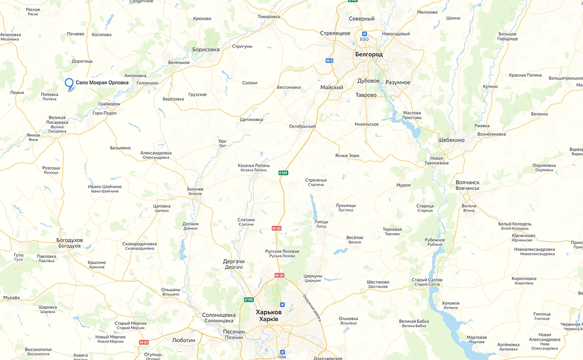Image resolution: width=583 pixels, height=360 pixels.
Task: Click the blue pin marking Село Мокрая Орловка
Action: click(x=69, y=83)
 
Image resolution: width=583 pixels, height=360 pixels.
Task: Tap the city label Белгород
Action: click(x=369, y=54)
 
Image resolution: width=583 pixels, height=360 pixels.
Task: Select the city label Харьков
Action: click(x=268, y=313)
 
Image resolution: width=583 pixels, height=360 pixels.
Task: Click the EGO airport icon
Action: click(x=364, y=34)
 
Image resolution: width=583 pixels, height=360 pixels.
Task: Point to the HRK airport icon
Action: click(x=283, y=352)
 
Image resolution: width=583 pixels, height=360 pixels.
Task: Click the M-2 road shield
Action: click(x=330, y=60)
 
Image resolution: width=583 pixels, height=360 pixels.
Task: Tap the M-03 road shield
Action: click(x=144, y=342)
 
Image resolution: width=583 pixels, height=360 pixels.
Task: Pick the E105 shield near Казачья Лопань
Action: click(x=283, y=173)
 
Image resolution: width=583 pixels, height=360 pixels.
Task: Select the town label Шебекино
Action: click(x=451, y=140)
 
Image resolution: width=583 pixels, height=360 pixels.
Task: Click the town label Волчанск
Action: click(x=467, y=183)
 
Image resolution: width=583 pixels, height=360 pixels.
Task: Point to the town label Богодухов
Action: click(x=70, y=240)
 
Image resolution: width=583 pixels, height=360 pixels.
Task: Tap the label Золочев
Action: click(x=195, y=189)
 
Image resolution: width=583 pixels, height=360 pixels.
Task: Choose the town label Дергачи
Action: click(x=234, y=261)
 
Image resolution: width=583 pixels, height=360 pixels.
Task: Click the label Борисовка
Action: click(x=206, y=49)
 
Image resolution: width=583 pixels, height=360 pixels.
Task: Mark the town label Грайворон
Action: click(x=109, y=104)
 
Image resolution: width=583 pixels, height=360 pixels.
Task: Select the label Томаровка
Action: click(x=268, y=16)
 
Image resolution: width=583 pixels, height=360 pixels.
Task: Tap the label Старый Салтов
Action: click(x=427, y=280)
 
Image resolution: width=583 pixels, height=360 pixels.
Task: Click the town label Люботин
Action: click(x=183, y=340)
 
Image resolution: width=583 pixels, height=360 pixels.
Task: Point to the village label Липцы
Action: click(x=321, y=222)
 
